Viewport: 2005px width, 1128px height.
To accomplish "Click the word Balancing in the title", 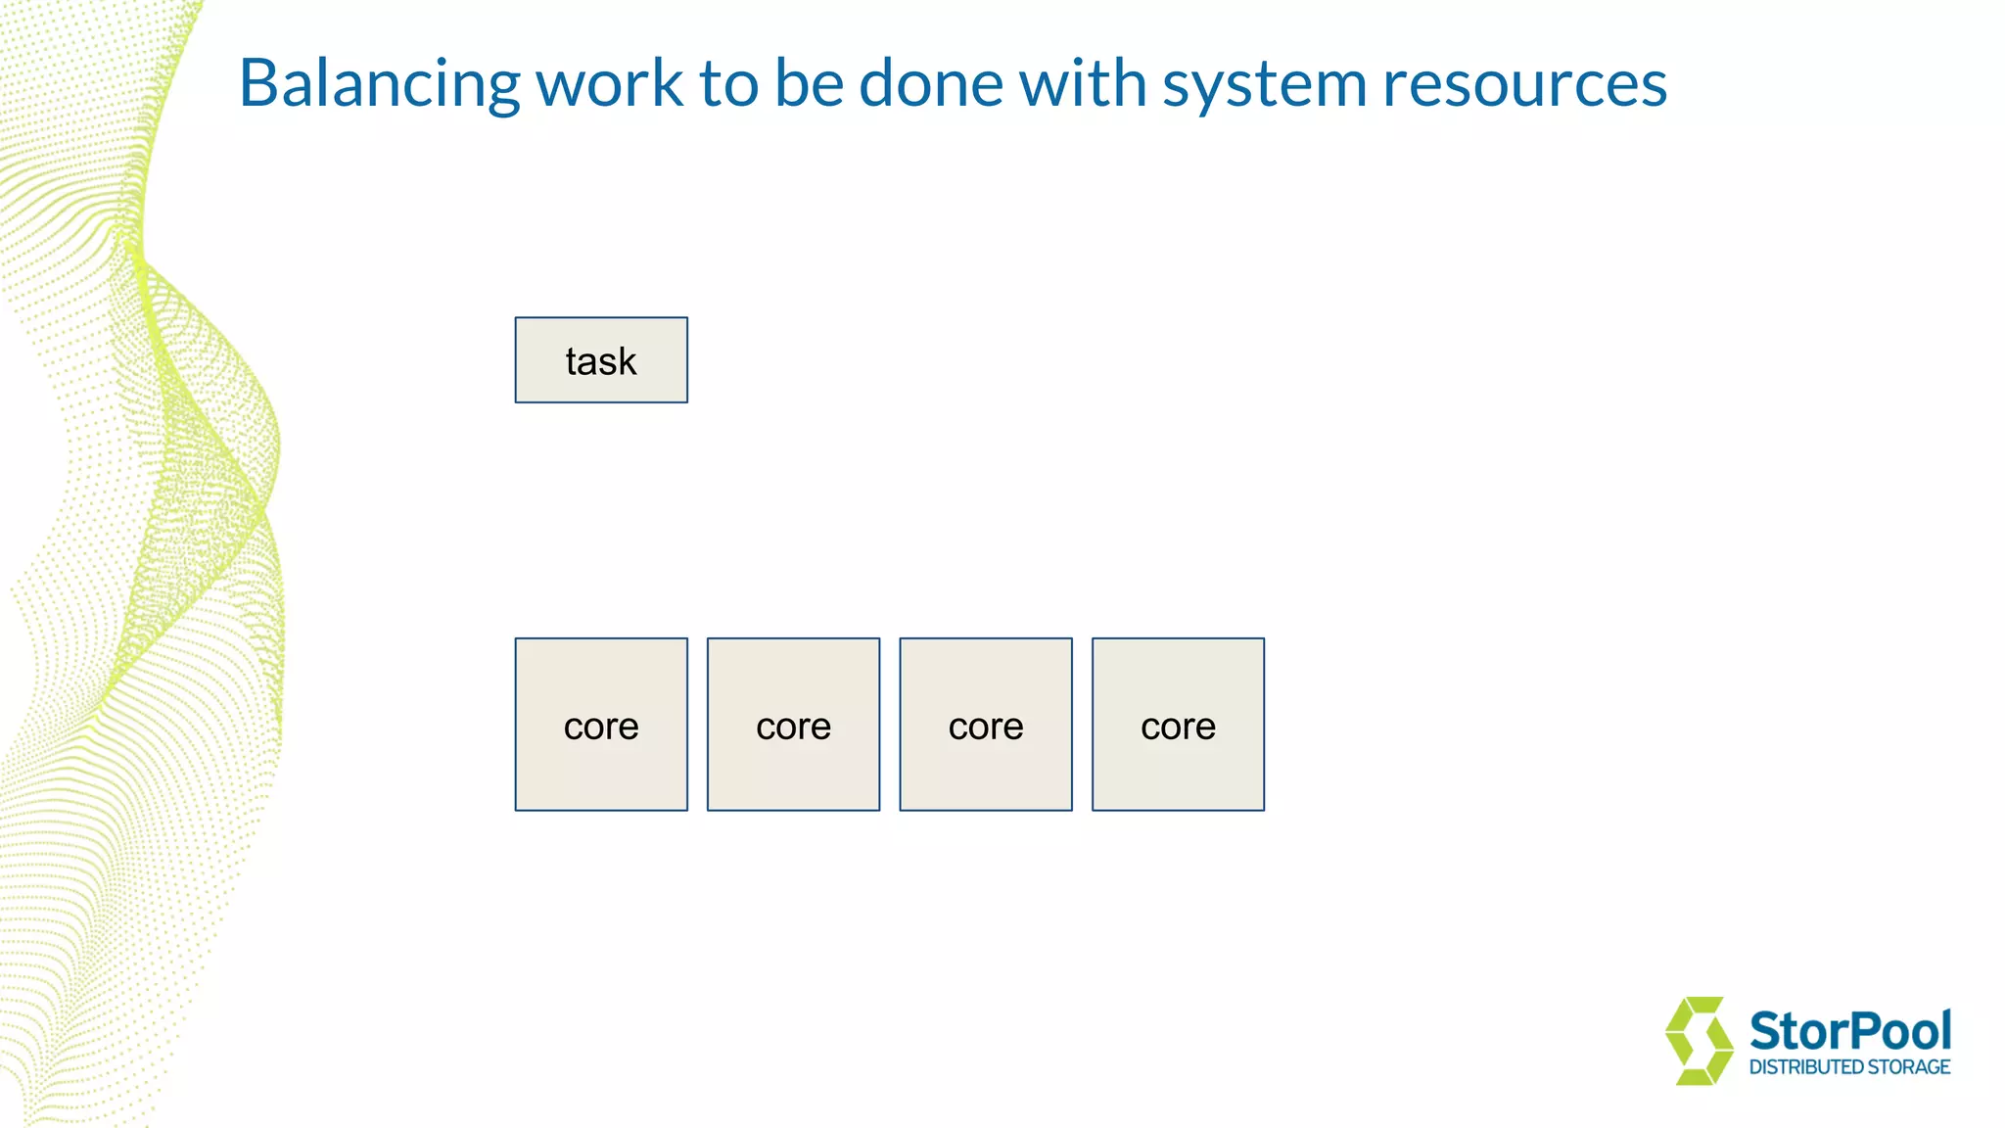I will tap(379, 84).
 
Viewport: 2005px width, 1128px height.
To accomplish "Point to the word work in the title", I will tap(609, 84).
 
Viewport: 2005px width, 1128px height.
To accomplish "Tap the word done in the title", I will tap(930, 84).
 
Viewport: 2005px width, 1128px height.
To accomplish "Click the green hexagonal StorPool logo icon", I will tap(1699, 1041).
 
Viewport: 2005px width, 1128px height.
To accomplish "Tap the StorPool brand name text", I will tap(1849, 1031).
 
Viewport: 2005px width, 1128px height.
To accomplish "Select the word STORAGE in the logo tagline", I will tap(1910, 1067).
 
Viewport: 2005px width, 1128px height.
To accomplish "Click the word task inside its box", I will tap(601, 361).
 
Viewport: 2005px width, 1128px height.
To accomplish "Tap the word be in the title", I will tap(809, 84).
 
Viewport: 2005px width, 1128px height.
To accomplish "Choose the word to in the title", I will tap(728, 84).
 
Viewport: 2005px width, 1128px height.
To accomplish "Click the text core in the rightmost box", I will tap(1178, 727).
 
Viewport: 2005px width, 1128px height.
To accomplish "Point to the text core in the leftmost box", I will tap(601, 727).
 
